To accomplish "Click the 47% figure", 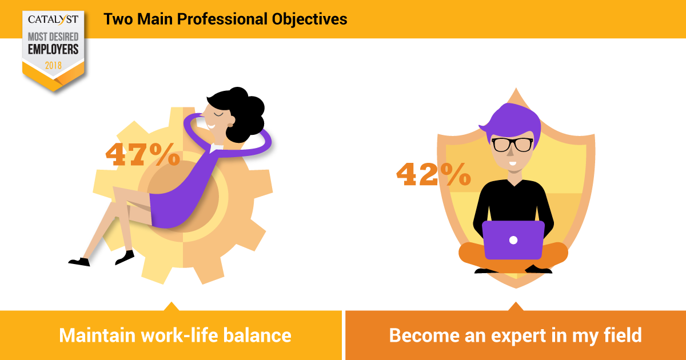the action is click(143, 154).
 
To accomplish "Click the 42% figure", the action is click(433, 174).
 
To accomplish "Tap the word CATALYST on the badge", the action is click(53, 20).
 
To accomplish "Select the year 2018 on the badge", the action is click(53, 65).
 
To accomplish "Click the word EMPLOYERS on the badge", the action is click(53, 49).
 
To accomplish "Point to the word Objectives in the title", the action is click(309, 19).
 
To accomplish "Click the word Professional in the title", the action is click(222, 19).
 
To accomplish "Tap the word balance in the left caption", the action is click(257, 335).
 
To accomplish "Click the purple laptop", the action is click(513, 240).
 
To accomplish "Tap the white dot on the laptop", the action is click(513, 241).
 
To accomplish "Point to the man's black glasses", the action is click(512, 145).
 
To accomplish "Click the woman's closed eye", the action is click(218, 115).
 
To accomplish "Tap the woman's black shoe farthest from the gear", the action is click(79, 262).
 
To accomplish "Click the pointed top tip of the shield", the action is click(516, 89).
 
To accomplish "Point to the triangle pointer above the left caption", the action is click(171, 306).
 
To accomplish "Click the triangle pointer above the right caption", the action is click(516, 306).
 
